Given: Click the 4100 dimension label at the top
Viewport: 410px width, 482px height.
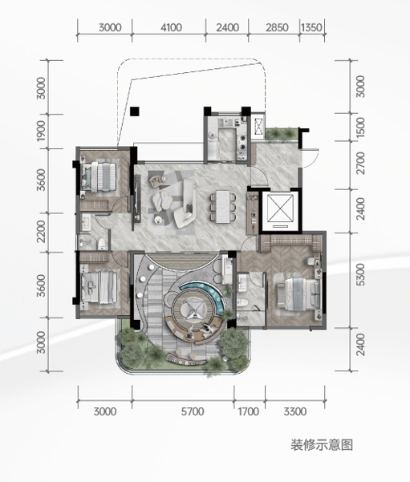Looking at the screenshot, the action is [171, 27].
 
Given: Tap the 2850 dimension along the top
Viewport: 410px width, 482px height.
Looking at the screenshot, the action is [277, 27].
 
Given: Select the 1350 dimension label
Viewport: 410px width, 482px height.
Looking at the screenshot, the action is [311, 27].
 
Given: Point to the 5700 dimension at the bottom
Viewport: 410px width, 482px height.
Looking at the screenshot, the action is [193, 411].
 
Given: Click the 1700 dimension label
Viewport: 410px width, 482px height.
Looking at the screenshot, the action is [249, 411].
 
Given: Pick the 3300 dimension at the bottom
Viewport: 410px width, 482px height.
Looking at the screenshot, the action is [295, 411].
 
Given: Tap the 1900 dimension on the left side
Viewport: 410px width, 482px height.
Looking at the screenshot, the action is [41, 131].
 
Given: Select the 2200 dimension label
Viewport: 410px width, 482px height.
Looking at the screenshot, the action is [41, 232].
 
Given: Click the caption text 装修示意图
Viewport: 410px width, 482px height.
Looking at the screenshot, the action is [322, 445].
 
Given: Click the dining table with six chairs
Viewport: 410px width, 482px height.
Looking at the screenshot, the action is [223, 207].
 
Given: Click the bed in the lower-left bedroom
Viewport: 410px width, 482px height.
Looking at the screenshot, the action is [99, 287].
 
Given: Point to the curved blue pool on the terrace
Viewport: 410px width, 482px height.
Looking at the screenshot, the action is [207, 295].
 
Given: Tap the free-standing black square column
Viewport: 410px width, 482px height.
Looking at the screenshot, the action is [135, 111].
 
